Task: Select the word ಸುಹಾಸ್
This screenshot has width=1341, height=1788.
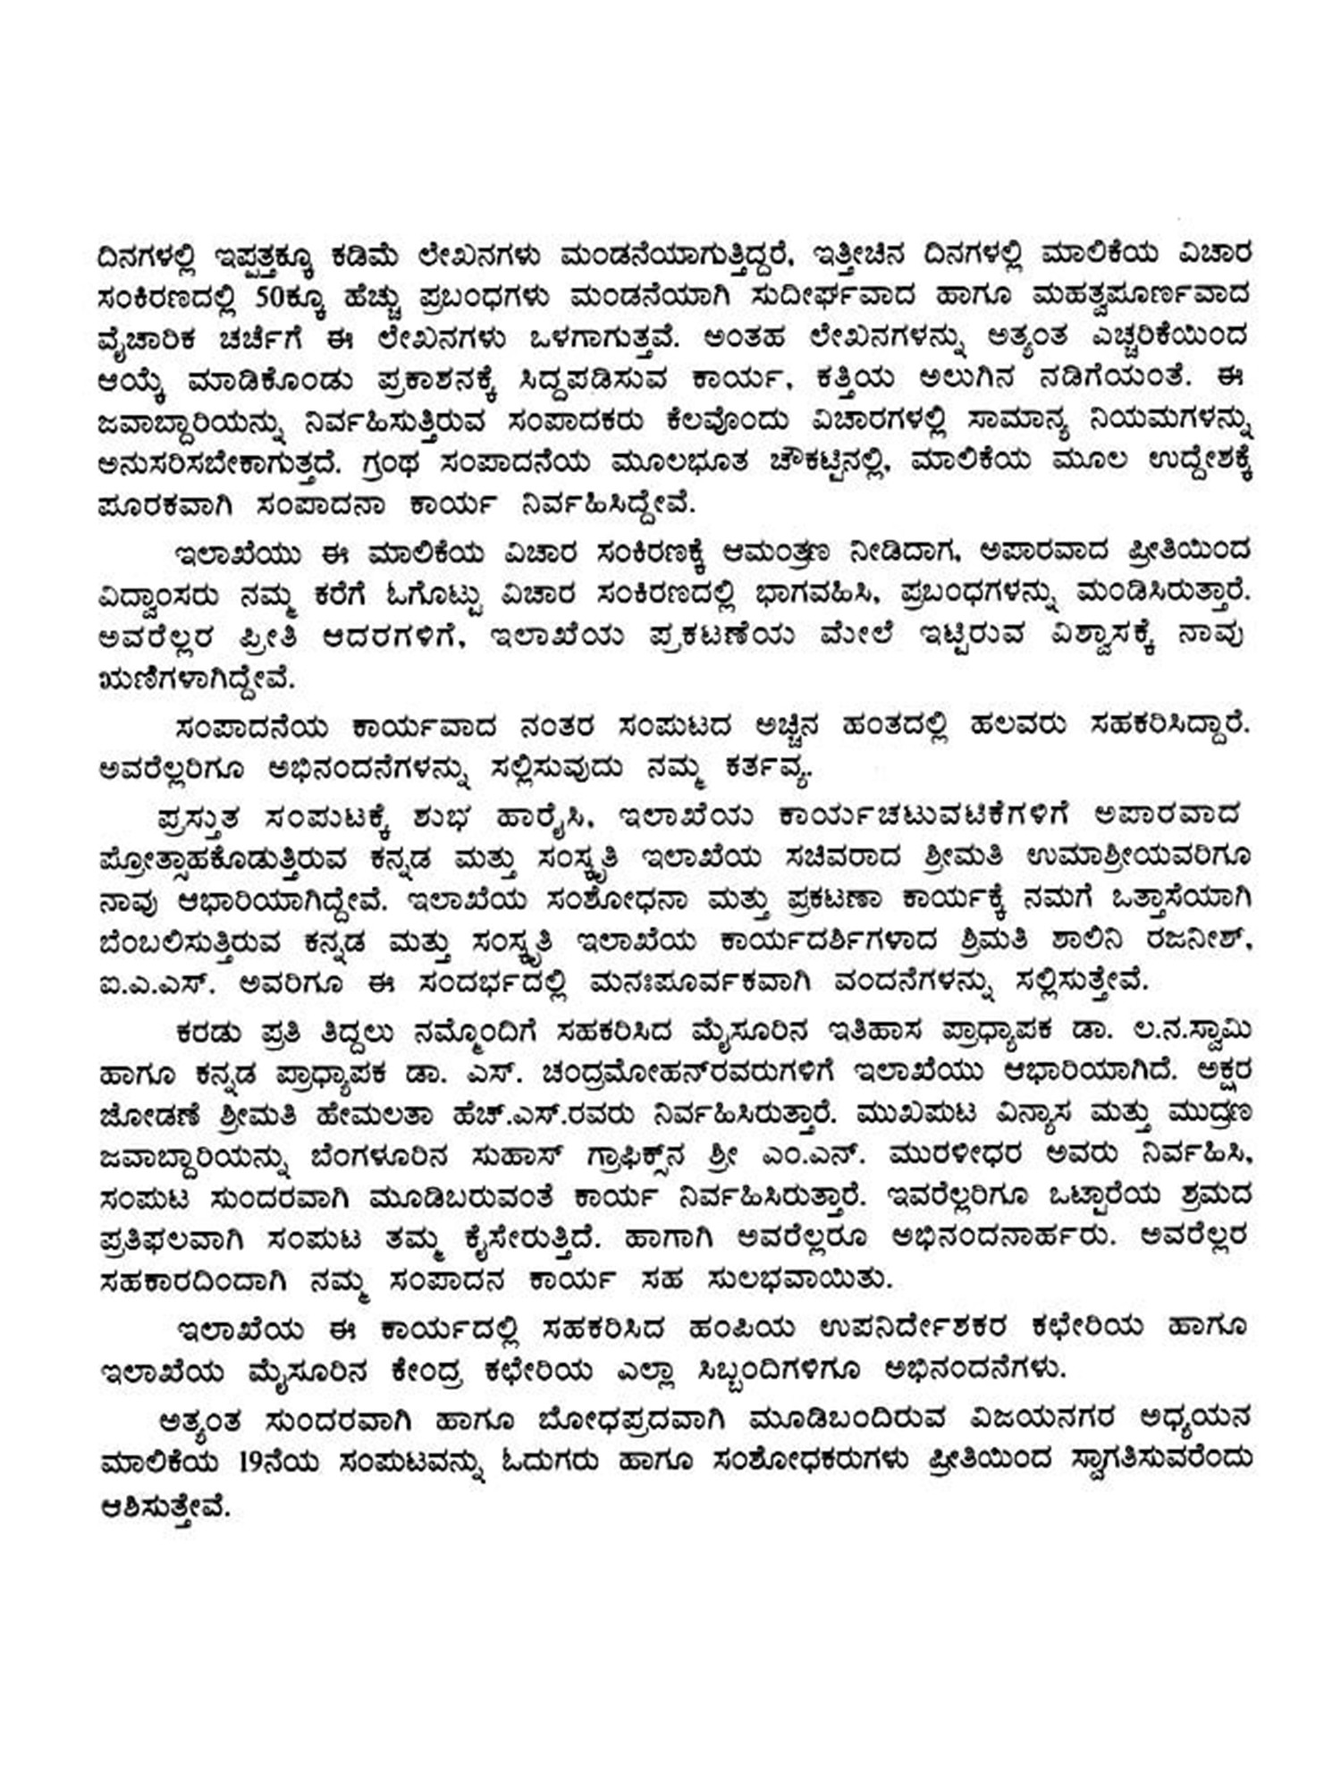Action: [x=520, y=1156]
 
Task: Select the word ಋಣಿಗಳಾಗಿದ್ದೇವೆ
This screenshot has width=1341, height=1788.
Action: [x=196, y=679]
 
